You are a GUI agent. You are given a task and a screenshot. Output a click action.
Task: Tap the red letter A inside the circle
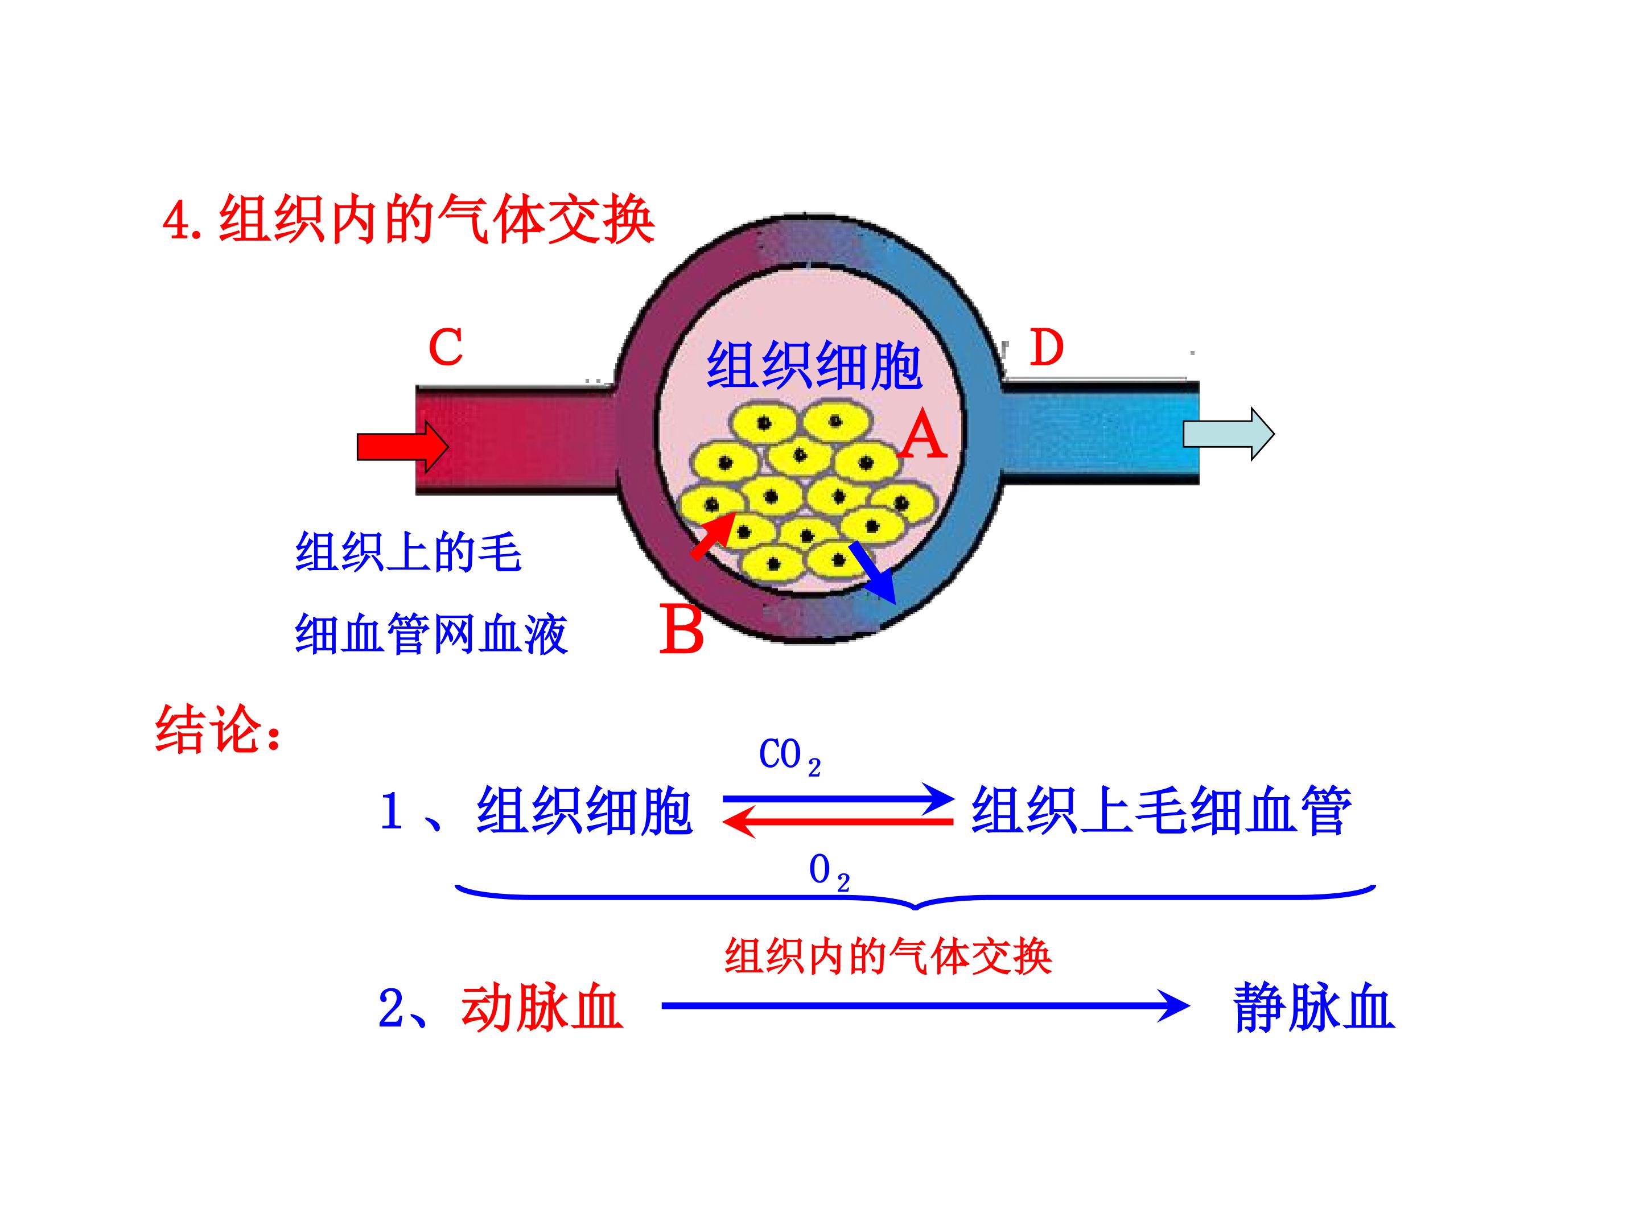pos(923,436)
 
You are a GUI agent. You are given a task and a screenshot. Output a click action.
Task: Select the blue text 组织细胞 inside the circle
pos(814,366)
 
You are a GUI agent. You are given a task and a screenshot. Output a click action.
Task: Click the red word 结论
pos(217,729)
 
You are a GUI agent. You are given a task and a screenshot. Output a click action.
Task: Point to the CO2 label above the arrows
pos(788,756)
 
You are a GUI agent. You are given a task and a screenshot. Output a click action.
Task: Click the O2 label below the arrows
pos(827,871)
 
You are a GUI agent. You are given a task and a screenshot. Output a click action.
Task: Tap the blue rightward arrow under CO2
pos(837,799)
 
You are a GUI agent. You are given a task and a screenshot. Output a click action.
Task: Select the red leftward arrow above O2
pos(837,822)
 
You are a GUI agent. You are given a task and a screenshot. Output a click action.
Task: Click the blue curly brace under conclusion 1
pos(915,897)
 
